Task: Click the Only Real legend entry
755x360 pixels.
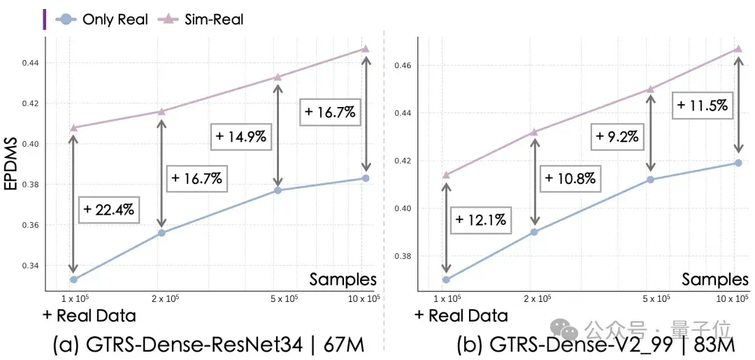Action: (102, 20)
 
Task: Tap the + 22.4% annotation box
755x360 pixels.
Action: (108, 209)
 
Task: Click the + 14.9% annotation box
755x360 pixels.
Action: (240, 136)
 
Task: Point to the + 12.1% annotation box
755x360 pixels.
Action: (480, 220)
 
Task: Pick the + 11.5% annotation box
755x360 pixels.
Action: (701, 106)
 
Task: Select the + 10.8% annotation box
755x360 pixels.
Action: (570, 178)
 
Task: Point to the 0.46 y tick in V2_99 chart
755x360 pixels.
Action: (404, 66)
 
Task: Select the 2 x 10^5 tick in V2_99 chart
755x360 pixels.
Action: (535, 298)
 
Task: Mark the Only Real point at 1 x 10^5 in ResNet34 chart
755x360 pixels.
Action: (73, 280)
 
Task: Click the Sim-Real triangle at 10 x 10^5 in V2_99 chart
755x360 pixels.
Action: (738, 49)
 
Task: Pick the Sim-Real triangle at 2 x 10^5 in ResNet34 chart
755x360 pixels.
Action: (161, 111)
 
